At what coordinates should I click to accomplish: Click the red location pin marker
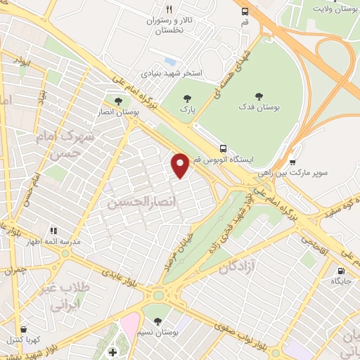pos(181,165)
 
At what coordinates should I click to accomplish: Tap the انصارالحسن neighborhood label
pos(139,202)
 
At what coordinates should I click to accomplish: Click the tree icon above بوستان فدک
pos(259,96)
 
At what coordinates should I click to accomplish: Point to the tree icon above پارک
pos(186,98)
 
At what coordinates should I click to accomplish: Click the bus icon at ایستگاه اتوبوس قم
pos(222,148)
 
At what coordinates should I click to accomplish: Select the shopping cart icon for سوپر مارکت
pos(292,162)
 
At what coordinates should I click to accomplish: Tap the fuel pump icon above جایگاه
pos(341,271)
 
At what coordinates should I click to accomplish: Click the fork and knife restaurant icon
pos(169,9)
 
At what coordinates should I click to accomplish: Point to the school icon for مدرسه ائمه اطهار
pos(53,230)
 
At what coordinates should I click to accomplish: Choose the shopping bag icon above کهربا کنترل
pos(25,328)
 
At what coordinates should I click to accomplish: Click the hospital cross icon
pos(112,352)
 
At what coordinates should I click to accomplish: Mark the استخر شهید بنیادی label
pos(172,72)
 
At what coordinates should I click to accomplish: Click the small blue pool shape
pos(169,60)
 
